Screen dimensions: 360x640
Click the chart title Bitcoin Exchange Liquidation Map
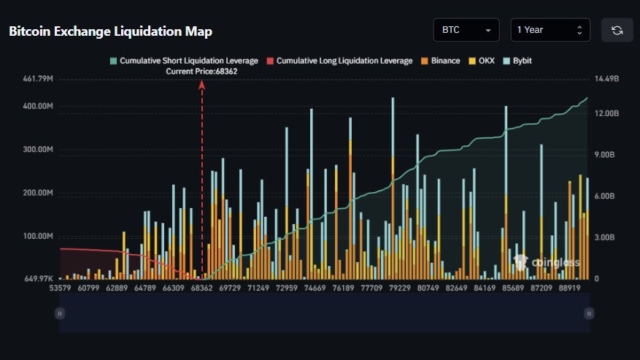110,31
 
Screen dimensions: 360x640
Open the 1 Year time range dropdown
550,31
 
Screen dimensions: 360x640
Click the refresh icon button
617,31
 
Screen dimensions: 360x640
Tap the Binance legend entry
440,61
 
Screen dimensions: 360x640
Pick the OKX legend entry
482,61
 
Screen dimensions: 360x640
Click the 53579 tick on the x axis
61,288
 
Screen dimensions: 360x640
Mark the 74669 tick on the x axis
315,288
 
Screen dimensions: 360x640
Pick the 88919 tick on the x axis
570,288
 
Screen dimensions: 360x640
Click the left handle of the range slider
60,314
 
